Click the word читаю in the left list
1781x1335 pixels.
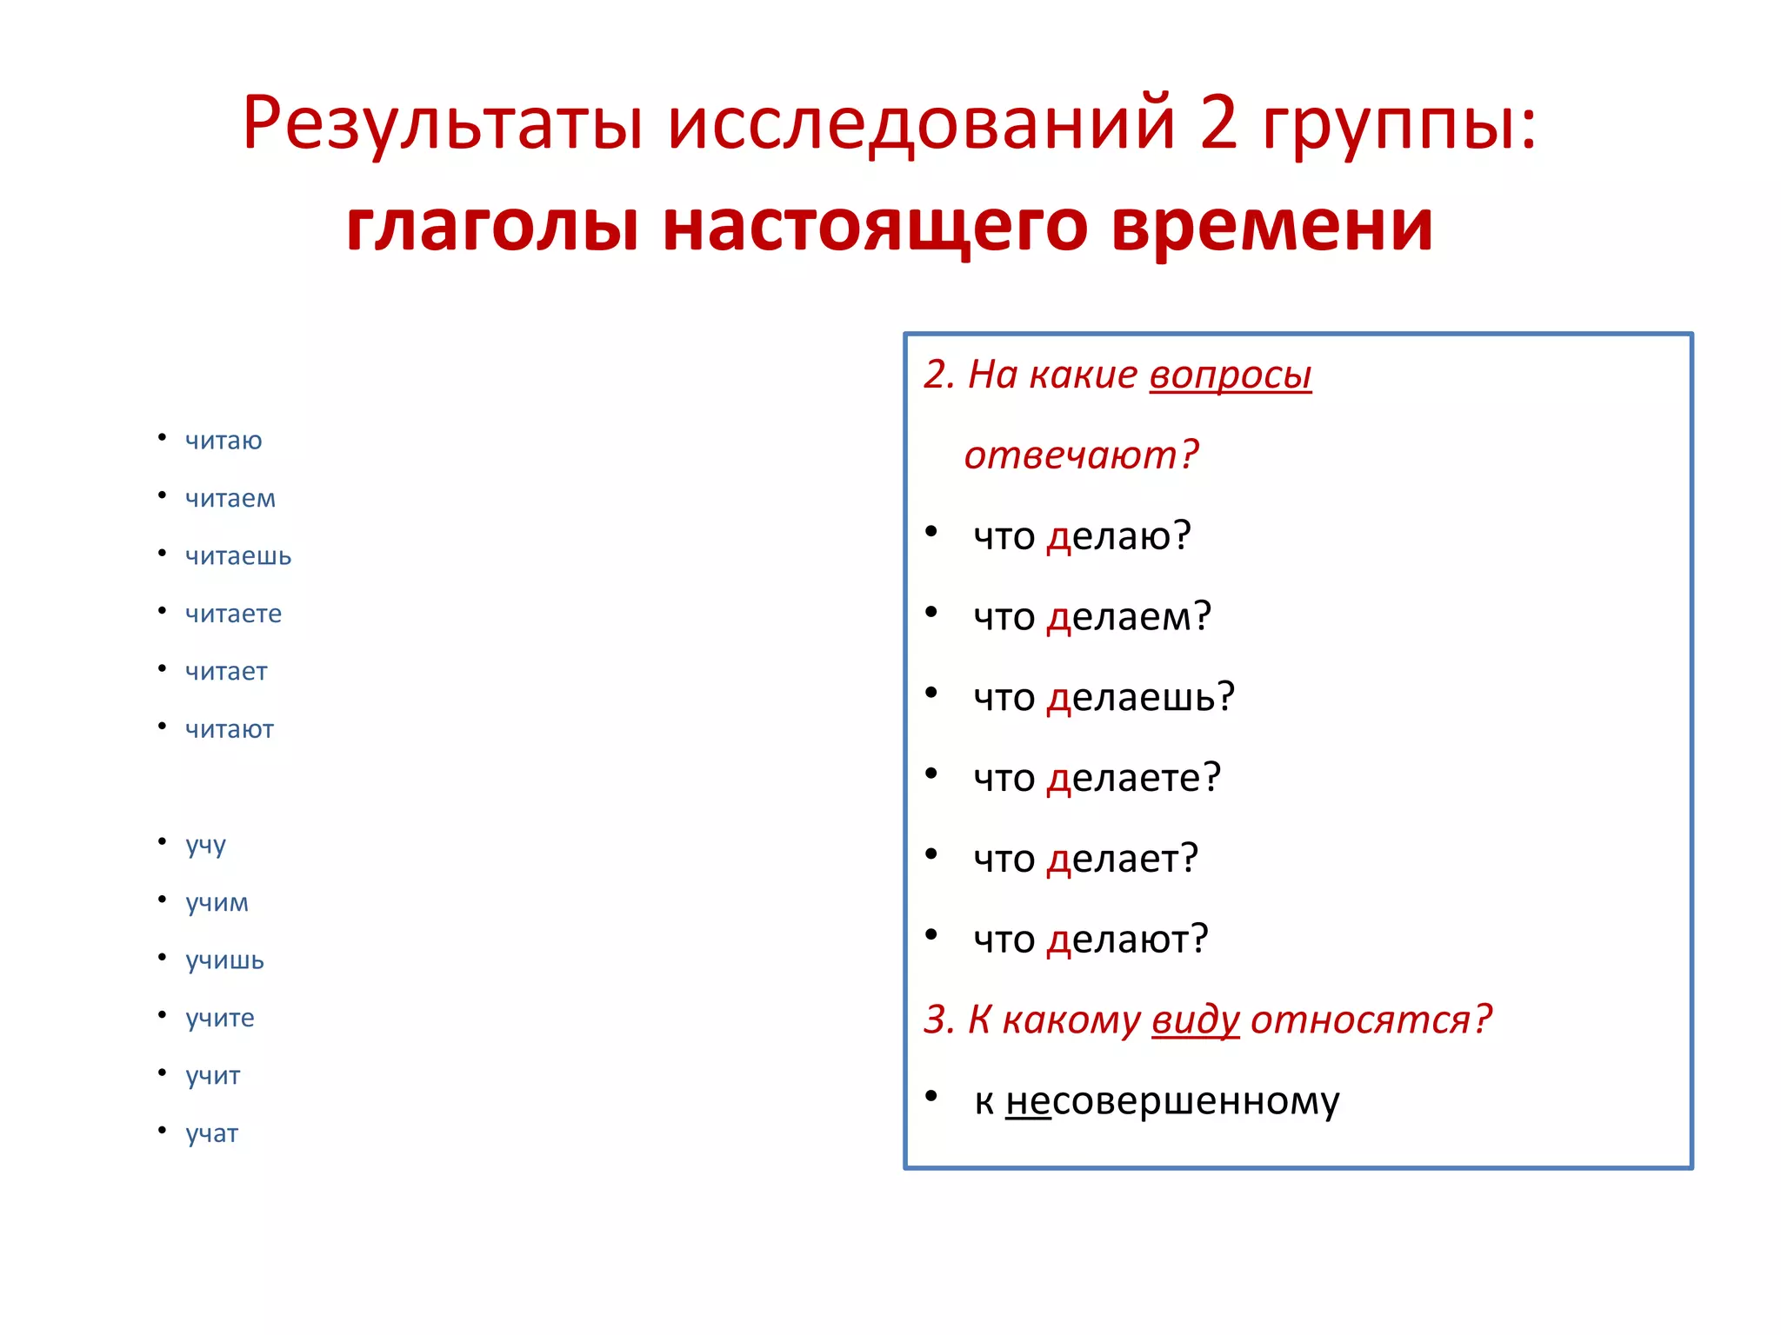tap(223, 441)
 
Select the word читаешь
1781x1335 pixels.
tap(238, 556)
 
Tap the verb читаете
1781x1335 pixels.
tap(233, 614)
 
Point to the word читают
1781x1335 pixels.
tap(230, 729)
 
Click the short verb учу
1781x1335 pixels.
tap(205, 845)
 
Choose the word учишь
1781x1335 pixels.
tap(224, 960)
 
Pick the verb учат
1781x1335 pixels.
tap(211, 1133)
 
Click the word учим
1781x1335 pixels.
tap(217, 903)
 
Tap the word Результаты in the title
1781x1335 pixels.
tap(442, 123)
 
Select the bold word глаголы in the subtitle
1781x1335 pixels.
tap(492, 226)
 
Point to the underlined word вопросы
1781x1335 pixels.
tap(1230, 375)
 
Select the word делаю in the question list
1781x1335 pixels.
tap(1109, 536)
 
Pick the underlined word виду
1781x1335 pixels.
tap(1196, 1020)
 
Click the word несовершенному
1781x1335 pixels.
tap(1172, 1101)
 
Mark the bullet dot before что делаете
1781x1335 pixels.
tap(931, 774)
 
